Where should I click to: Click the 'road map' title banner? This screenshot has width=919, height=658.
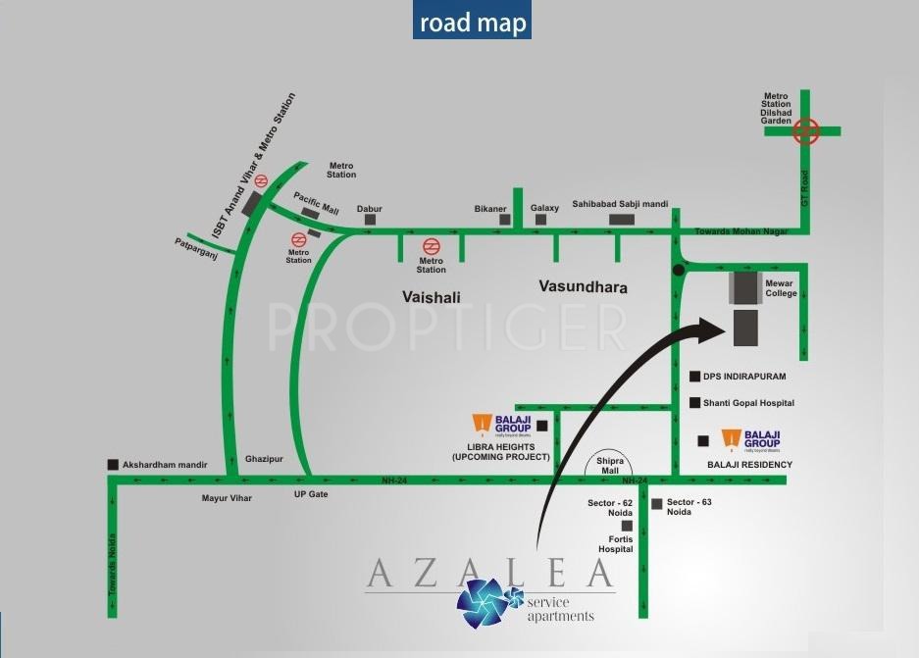pyautogui.click(x=472, y=22)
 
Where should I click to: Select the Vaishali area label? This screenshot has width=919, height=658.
pyautogui.click(x=431, y=295)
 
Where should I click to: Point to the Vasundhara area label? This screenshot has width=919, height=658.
pyautogui.click(x=583, y=287)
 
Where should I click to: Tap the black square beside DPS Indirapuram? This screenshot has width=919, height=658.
pyautogui.click(x=694, y=377)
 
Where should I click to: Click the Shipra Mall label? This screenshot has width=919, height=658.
pyautogui.click(x=609, y=465)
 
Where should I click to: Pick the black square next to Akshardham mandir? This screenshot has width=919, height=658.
pyautogui.click(x=114, y=465)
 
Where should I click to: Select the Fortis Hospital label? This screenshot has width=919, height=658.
pyautogui.click(x=615, y=544)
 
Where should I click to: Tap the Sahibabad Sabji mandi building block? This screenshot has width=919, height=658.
pyautogui.click(x=622, y=219)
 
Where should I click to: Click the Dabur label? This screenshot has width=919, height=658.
pyautogui.click(x=369, y=209)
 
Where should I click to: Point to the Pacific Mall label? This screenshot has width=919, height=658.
pyautogui.click(x=316, y=201)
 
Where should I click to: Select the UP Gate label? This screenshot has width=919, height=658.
pyautogui.click(x=311, y=494)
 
